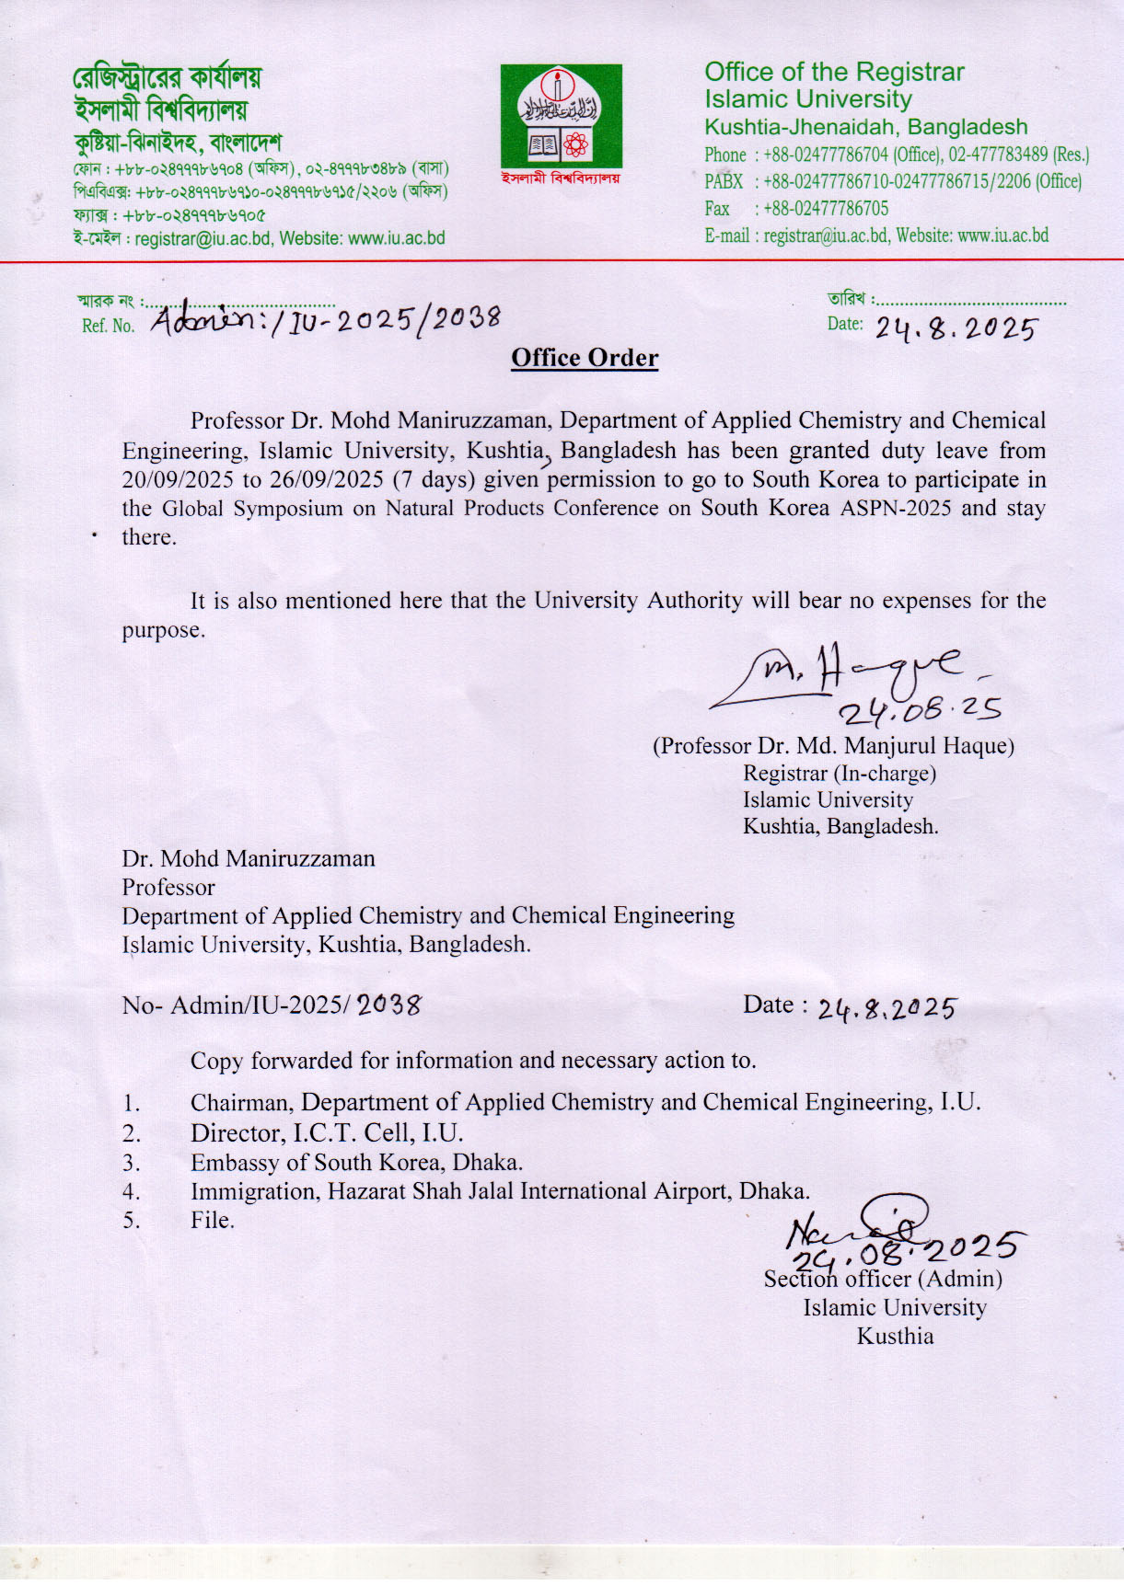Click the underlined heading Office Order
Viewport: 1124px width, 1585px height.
click(585, 358)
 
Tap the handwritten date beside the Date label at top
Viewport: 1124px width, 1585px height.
click(955, 328)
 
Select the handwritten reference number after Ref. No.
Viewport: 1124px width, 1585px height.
click(326, 319)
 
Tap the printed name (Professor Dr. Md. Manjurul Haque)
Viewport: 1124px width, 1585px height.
click(833, 746)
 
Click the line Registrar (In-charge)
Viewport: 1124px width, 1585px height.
click(839, 774)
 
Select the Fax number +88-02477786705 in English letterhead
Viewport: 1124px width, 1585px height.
click(826, 209)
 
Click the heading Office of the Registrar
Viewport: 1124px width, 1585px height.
click(834, 72)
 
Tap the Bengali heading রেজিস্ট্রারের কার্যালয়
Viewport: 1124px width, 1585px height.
click(167, 77)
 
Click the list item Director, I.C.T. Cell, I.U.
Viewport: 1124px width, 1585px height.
click(327, 1132)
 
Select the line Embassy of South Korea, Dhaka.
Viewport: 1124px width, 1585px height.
click(356, 1163)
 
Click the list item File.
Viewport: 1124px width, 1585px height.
click(213, 1220)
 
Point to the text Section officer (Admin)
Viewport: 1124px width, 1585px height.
click(883, 1279)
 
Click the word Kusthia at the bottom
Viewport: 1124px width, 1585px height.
click(895, 1336)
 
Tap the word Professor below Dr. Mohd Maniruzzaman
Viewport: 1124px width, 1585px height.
click(168, 888)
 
